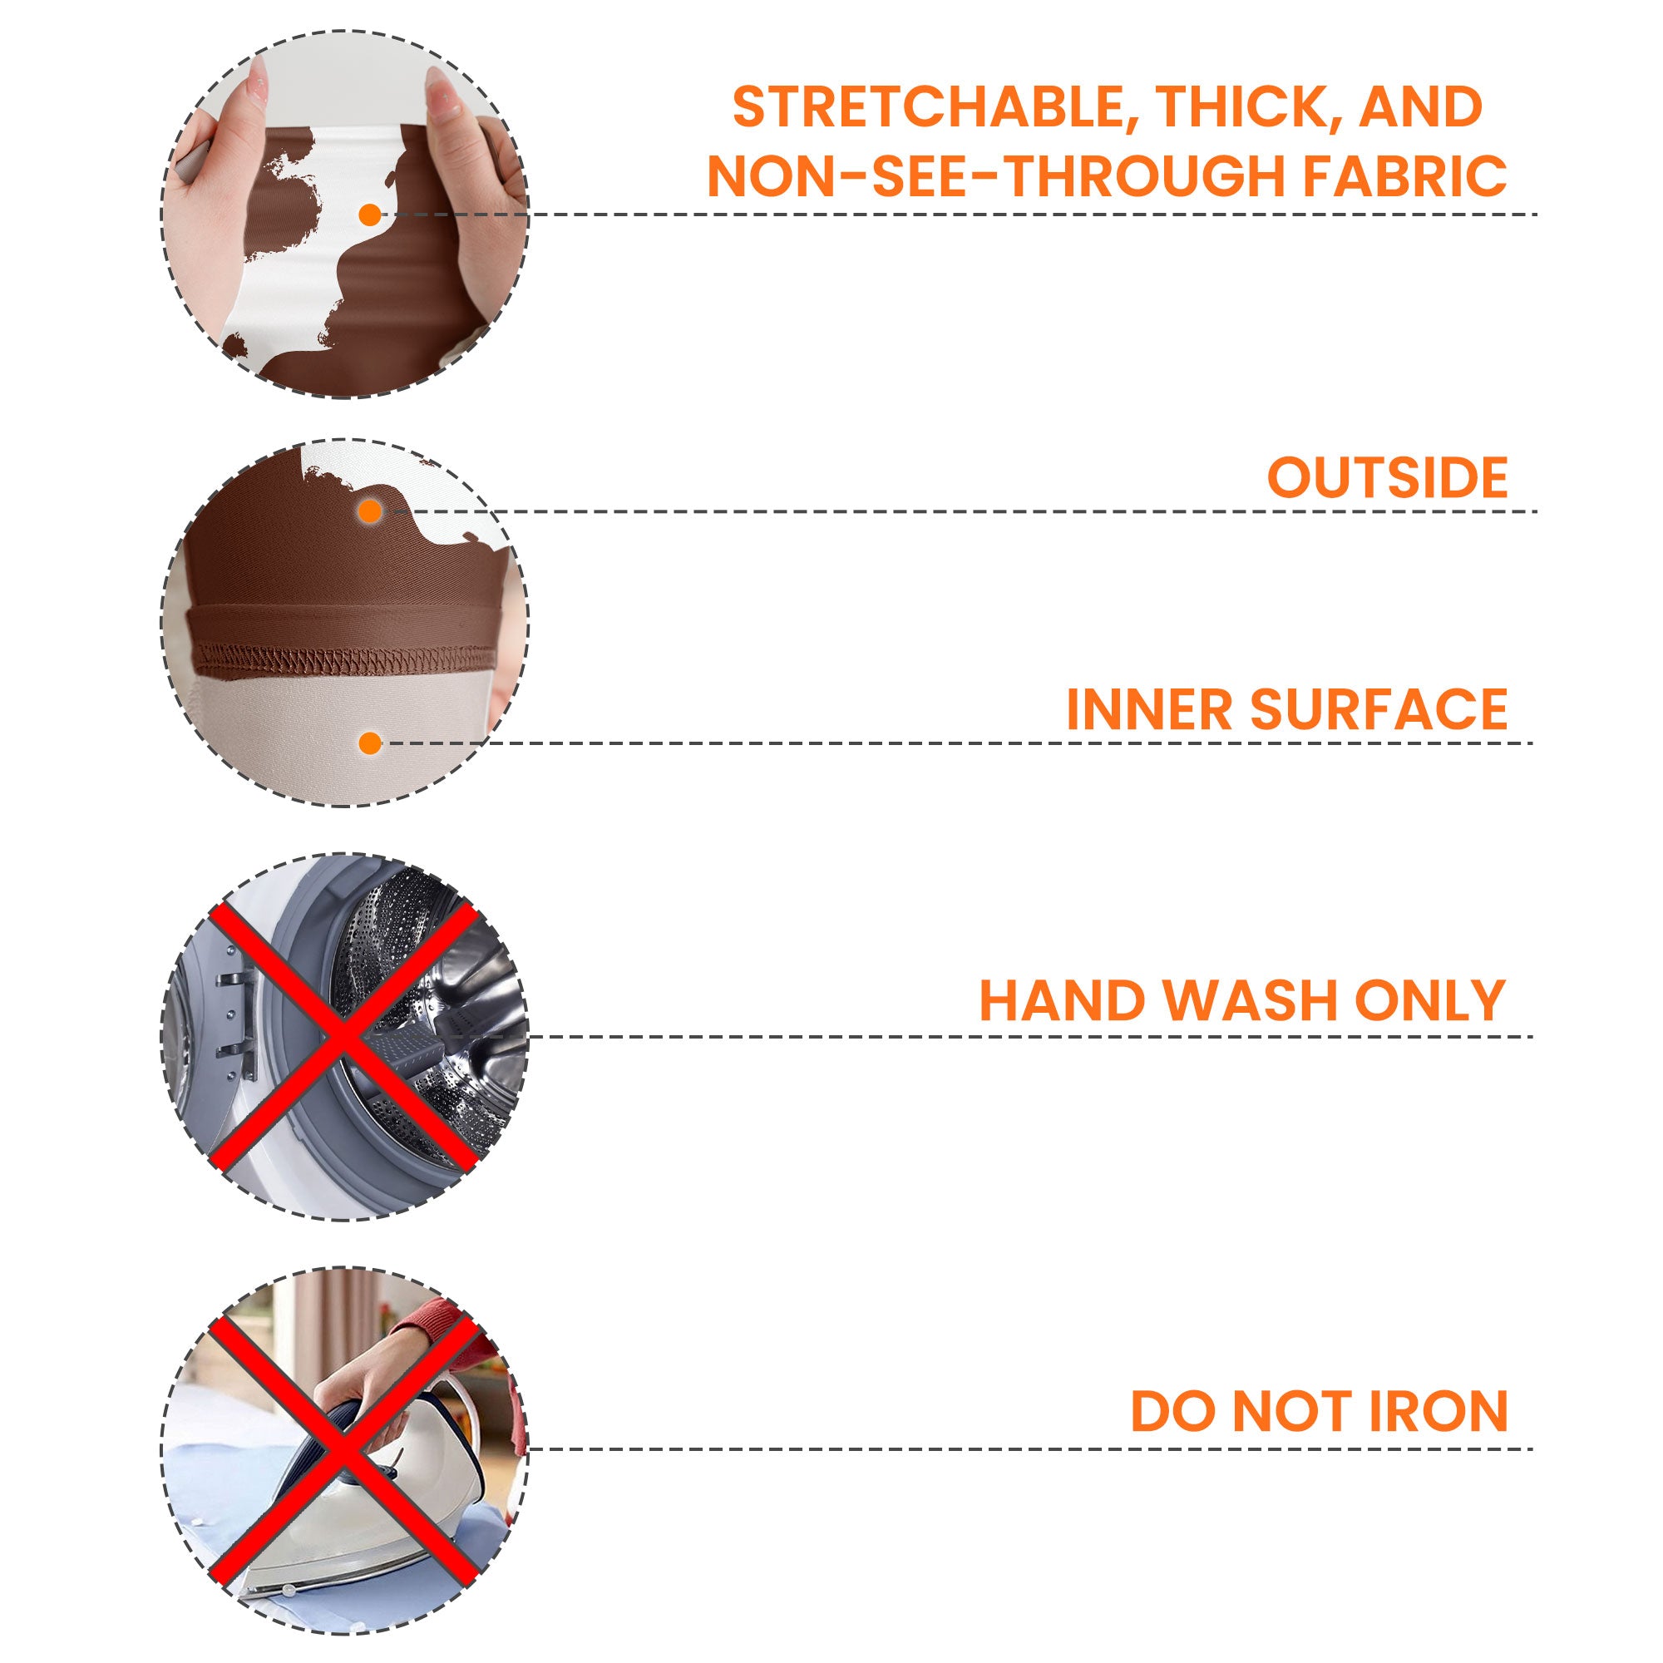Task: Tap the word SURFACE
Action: click(x=1379, y=709)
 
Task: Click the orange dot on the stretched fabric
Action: click(x=369, y=215)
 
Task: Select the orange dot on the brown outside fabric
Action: click(x=370, y=512)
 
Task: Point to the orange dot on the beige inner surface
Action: click(x=370, y=743)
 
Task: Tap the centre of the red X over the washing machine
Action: click(x=343, y=1036)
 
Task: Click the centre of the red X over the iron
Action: click(x=343, y=1449)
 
